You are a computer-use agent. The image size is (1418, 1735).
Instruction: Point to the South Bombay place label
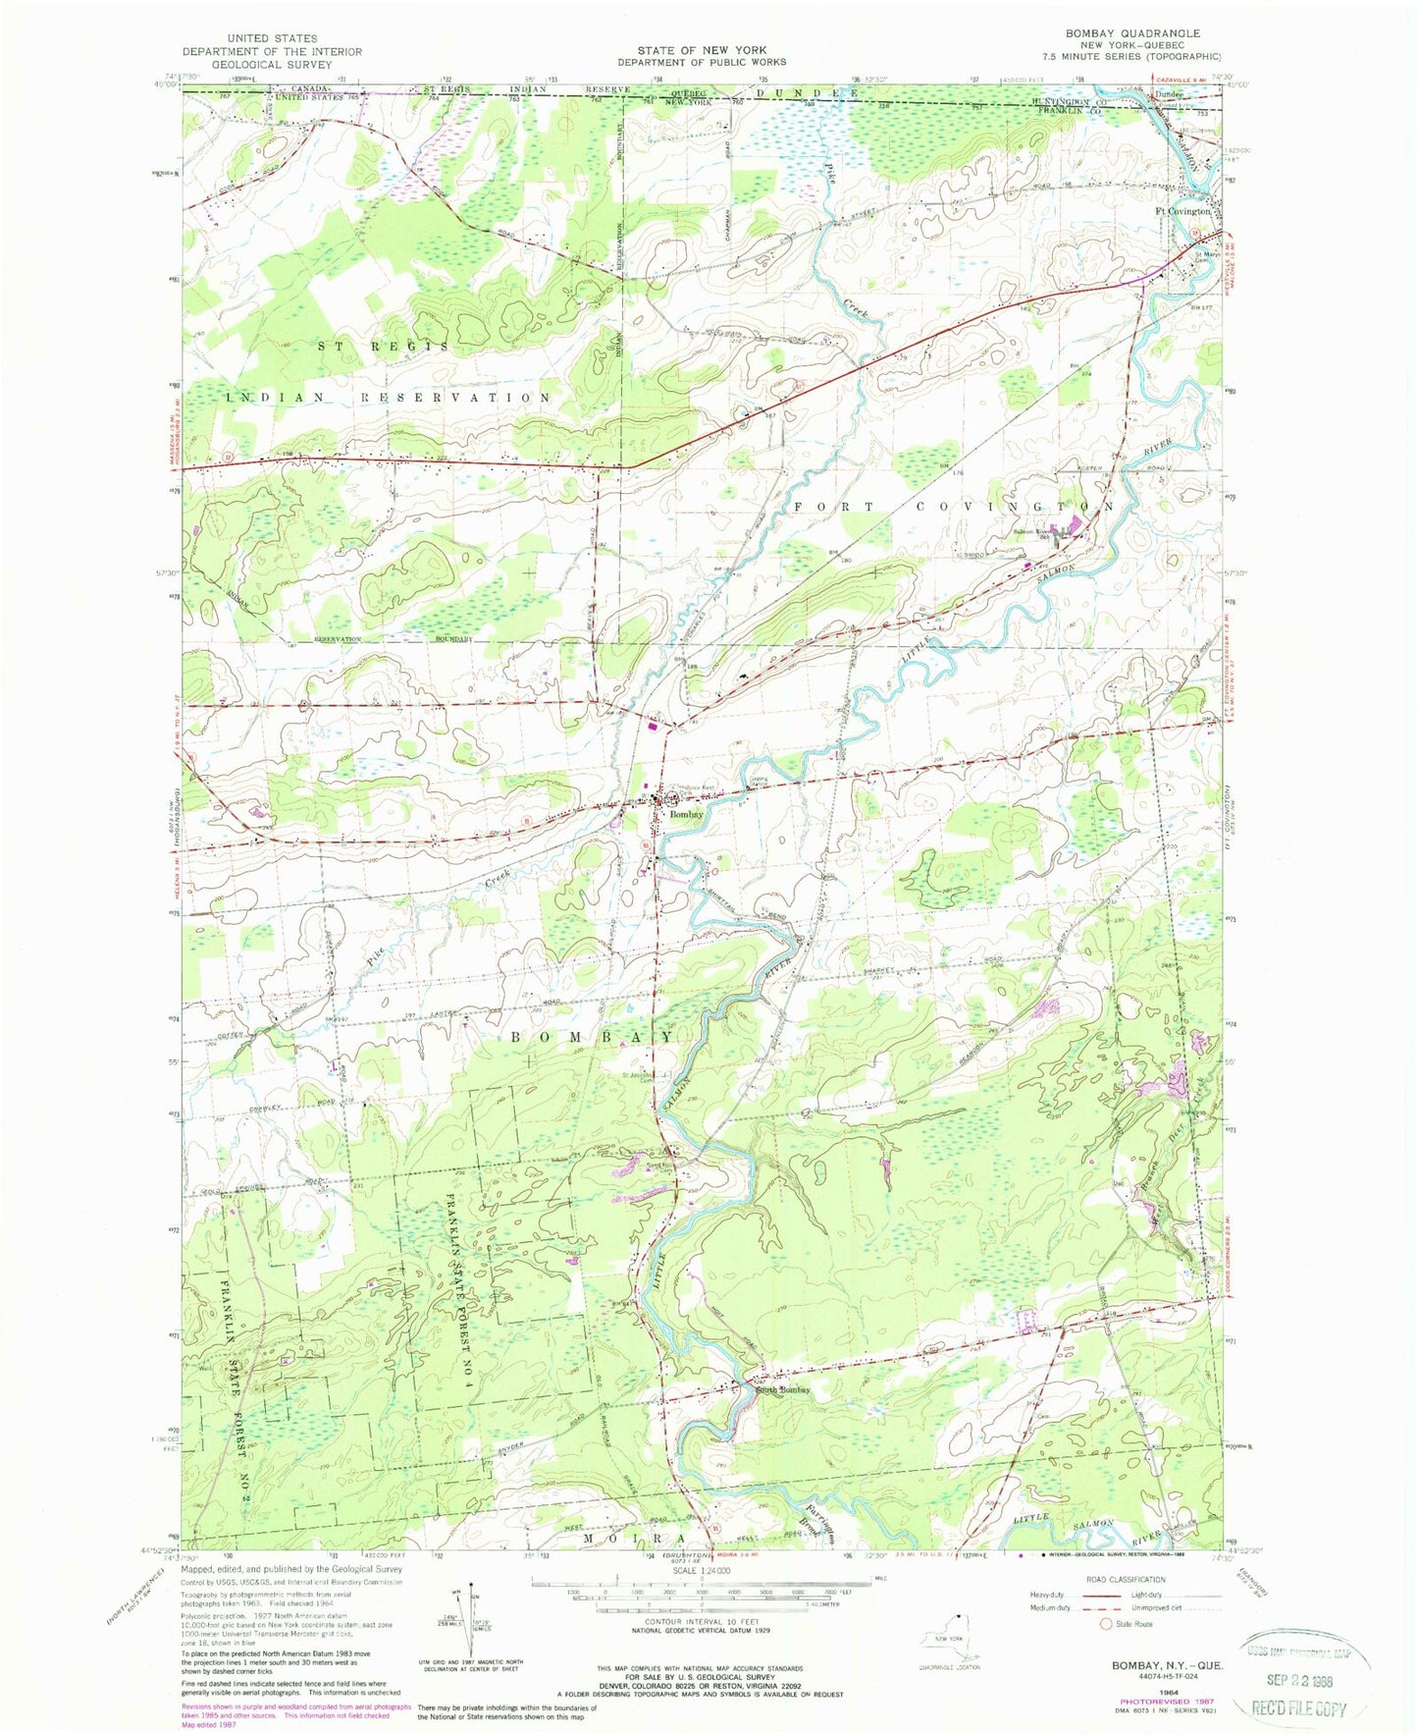(x=783, y=1389)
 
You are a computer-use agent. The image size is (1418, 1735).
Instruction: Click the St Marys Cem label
(x=1207, y=258)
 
